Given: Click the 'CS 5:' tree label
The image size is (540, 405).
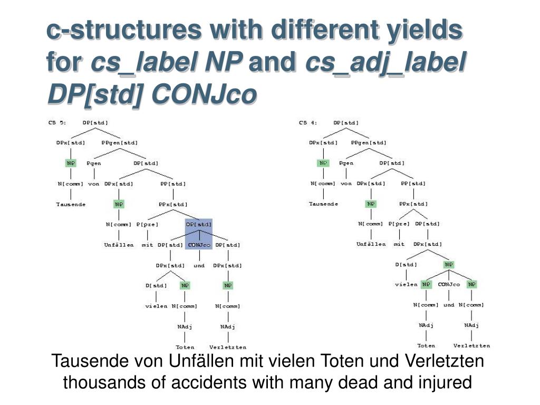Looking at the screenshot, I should pyautogui.click(x=57, y=123).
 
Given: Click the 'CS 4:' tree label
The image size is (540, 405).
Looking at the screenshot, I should pyautogui.click(x=308, y=123).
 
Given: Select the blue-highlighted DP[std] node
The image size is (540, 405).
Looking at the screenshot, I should pyautogui.click(x=199, y=224).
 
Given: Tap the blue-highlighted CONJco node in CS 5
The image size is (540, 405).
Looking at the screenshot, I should pyautogui.click(x=199, y=245).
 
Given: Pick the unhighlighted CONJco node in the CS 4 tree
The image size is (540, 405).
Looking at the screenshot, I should pyautogui.click(x=449, y=284).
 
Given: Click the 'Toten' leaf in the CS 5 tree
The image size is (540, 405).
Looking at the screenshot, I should pyautogui.click(x=185, y=347).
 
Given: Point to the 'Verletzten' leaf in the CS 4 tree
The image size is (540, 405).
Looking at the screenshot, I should pyautogui.click(x=471, y=346).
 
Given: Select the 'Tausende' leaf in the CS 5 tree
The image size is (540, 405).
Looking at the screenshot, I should pyautogui.click(x=71, y=204).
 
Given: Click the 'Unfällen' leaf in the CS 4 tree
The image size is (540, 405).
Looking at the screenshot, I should pyautogui.click(x=371, y=244).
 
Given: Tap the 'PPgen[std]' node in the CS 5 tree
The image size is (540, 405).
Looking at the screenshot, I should pyautogui.click(x=120, y=142).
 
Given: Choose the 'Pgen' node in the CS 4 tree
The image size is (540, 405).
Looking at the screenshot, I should pyautogui.click(x=346, y=163).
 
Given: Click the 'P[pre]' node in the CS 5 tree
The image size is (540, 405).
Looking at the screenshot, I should pyautogui.click(x=147, y=224).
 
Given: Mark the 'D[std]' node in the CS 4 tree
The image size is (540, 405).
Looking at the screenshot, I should pyautogui.click(x=406, y=264).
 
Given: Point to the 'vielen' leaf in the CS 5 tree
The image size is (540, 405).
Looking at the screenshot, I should pyautogui.click(x=156, y=306).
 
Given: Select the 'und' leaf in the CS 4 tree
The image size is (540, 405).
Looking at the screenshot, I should pyautogui.click(x=449, y=305).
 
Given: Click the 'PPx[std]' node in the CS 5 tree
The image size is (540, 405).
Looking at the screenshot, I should pyautogui.click(x=173, y=204).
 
